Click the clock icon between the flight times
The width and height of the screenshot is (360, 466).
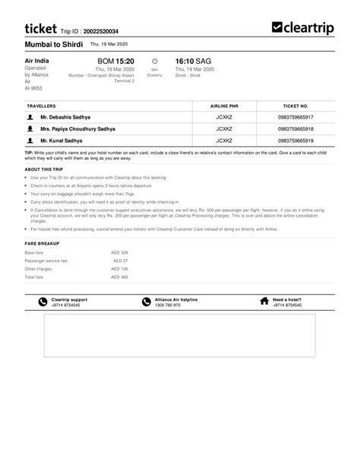[x=155, y=60]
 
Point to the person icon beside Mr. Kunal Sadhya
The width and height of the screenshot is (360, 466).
[x=30, y=141]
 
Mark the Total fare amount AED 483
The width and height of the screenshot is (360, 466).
[x=119, y=277]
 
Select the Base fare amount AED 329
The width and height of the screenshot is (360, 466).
[x=119, y=252]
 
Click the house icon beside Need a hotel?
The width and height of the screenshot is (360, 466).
[x=264, y=302]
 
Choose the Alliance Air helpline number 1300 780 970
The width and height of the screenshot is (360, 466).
[x=168, y=305]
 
